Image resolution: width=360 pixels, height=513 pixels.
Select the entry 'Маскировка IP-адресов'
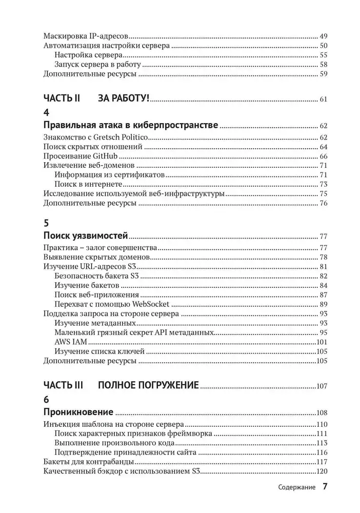pos(85,36)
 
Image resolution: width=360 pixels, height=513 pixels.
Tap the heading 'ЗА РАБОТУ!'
pos(123,99)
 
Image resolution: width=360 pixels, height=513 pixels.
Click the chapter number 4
pos(47,112)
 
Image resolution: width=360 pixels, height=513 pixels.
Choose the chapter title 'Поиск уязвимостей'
pos(85,236)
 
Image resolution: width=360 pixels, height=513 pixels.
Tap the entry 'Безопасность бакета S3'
pos(97,277)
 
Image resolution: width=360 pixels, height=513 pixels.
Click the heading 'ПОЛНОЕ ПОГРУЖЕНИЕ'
pos(148,386)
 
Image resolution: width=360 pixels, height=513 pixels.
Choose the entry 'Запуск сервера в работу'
pos(97,65)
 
